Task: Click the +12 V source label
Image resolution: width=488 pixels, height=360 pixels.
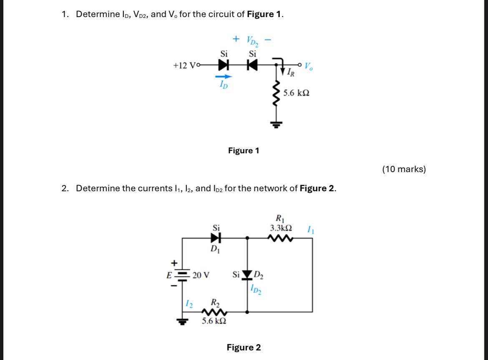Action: (x=184, y=65)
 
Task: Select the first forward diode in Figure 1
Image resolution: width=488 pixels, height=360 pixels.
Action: (x=224, y=65)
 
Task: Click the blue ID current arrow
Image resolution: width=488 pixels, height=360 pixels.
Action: (x=223, y=77)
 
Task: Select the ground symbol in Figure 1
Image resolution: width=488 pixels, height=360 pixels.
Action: (x=275, y=123)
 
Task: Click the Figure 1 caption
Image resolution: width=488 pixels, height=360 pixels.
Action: (x=244, y=150)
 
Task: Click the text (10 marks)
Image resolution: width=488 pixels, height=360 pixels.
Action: (x=404, y=169)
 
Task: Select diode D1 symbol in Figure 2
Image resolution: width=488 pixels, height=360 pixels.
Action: (x=215, y=238)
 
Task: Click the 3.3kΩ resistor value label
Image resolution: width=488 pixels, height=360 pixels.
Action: (x=281, y=228)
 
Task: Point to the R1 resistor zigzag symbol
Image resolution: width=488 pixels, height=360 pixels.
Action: (x=281, y=238)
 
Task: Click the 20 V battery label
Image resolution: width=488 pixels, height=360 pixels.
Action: (x=201, y=275)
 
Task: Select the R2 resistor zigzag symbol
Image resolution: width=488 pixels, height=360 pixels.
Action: (x=214, y=312)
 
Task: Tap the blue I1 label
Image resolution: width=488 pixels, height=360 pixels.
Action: (x=309, y=229)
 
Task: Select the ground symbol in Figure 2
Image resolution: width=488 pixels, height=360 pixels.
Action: (x=181, y=321)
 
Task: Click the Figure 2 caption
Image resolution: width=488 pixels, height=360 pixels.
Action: (x=244, y=347)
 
